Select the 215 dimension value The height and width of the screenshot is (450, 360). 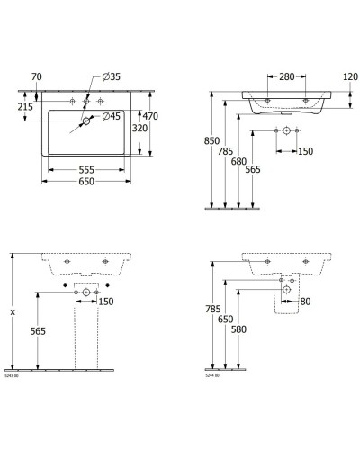tap(26, 107)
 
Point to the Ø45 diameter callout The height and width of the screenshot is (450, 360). tap(112, 115)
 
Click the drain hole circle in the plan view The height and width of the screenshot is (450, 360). tap(86, 120)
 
